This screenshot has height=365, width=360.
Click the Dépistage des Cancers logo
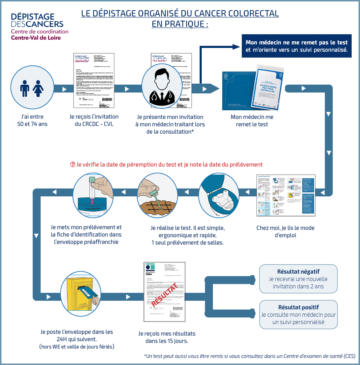point(37,27)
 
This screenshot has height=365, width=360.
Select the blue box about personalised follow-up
point(297,46)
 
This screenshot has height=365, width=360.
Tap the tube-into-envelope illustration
point(93,196)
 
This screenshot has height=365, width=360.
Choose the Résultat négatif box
point(298,279)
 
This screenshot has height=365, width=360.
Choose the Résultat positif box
point(298,315)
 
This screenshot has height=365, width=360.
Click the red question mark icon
point(73,164)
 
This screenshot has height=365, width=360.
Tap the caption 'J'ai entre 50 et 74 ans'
point(33,120)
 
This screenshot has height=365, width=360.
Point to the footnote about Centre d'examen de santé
point(249,356)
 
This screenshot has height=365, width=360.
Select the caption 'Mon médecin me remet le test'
point(252,120)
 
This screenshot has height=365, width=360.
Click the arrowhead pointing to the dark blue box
point(234,47)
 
